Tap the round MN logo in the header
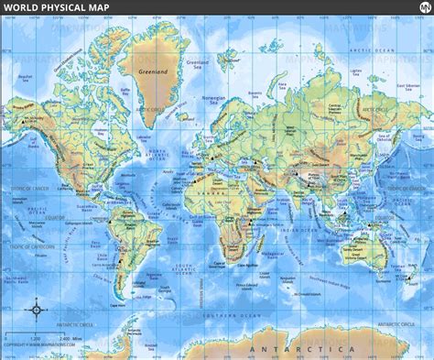tap(417, 8)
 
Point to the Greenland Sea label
tap(198, 64)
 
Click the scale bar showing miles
tap(41, 335)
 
